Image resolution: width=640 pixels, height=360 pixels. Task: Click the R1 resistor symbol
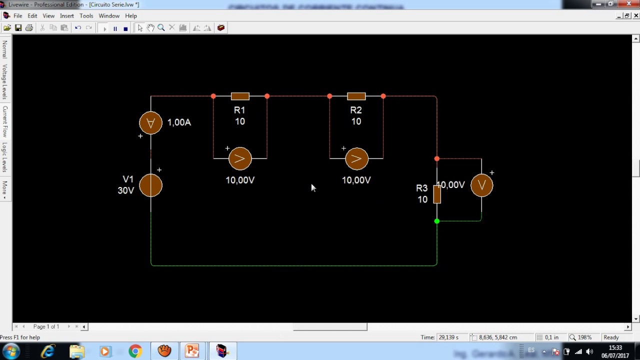pos(240,96)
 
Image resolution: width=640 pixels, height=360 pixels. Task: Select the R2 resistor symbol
pos(356,96)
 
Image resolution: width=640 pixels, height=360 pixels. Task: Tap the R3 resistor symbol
pos(437,194)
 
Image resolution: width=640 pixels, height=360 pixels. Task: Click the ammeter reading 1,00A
pos(150,122)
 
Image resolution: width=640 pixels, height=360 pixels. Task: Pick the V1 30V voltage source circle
pos(150,185)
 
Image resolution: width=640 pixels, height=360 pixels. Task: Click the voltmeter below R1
pos(240,159)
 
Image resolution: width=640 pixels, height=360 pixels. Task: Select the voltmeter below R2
pos(356,159)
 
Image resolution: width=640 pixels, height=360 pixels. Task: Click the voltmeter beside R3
pos(481,185)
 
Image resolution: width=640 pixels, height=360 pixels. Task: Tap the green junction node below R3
pos(437,221)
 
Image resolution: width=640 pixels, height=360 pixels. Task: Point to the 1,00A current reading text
pos(179,122)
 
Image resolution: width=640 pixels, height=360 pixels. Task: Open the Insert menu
pos(67,16)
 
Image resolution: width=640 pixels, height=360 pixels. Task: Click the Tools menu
pos(86,16)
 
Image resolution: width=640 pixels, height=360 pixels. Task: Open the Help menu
pos(131,16)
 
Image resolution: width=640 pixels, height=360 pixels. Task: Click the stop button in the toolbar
pos(125,28)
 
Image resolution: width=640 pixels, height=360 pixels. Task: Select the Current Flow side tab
pos(5,121)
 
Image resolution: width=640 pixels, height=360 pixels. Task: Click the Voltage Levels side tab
pos(5,81)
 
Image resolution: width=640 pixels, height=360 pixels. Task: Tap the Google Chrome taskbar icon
pos(135,351)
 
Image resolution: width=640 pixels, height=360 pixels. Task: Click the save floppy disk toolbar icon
pos(18,28)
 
